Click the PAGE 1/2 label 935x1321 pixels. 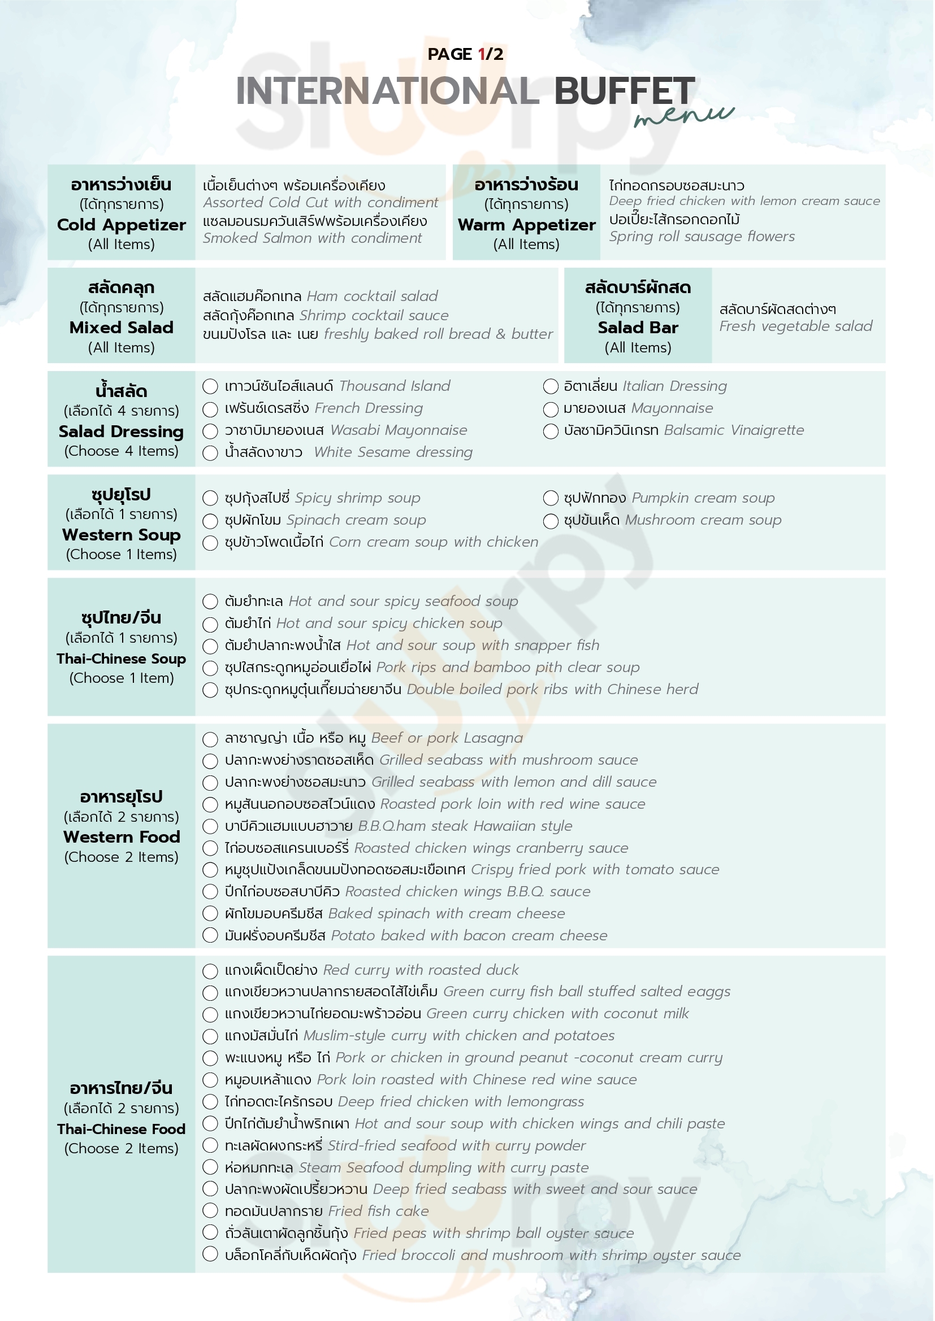(x=465, y=54)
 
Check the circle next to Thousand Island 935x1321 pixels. (x=210, y=387)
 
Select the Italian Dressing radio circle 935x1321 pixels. (x=551, y=387)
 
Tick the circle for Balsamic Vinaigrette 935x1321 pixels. (x=551, y=431)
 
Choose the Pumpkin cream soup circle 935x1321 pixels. (x=551, y=498)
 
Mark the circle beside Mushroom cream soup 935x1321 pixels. (x=551, y=521)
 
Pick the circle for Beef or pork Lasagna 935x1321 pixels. (x=210, y=739)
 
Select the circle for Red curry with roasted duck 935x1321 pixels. (x=210, y=971)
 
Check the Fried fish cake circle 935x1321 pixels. (x=210, y=1210)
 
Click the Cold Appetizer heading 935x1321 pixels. (x=122, y=225)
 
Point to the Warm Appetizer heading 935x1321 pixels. (x=526, y=225)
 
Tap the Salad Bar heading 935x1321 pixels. (x=638, y=328)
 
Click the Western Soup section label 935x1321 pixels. (x=122, y=535)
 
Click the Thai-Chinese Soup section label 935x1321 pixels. (x=122, y=659)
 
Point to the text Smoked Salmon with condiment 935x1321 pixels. (x=312, y=238)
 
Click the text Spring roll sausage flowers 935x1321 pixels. (x=702, y=237)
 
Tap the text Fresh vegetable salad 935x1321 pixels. (x=796, y=326)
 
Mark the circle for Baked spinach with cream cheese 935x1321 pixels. (x=210, y=914)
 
